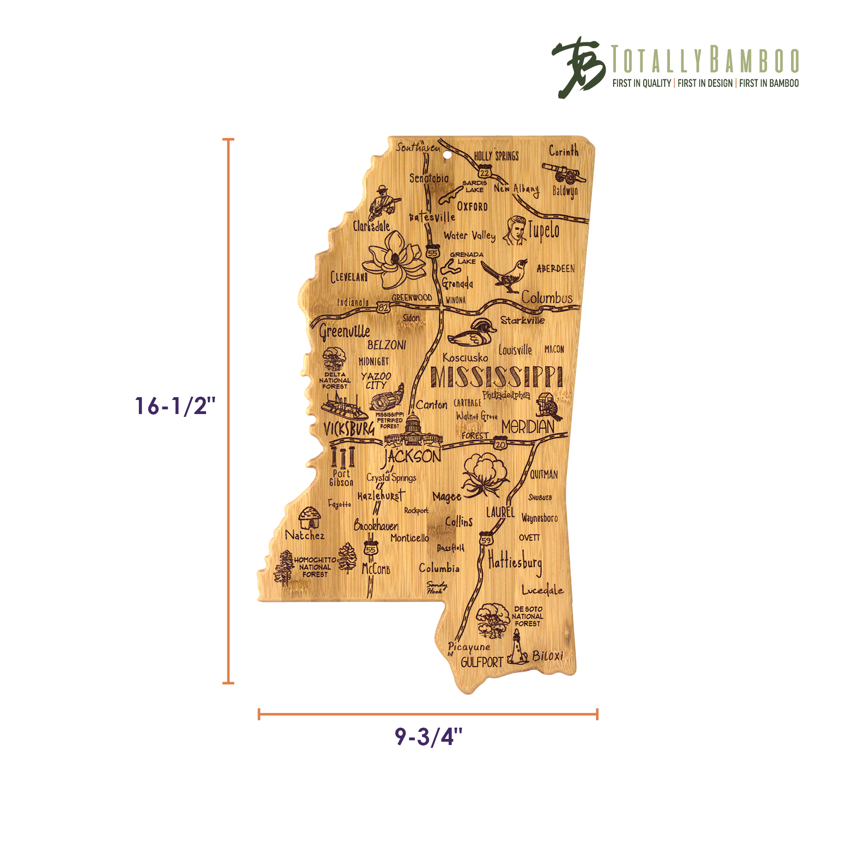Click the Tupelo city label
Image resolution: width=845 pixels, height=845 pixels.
544,231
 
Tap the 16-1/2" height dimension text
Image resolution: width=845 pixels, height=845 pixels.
175,406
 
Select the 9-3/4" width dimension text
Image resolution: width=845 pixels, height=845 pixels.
428,737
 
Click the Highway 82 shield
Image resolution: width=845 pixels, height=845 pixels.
383,307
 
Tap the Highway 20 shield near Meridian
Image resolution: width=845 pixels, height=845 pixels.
500,444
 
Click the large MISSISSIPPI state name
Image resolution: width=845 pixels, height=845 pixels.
496,377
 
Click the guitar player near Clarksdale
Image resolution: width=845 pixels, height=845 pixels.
384,202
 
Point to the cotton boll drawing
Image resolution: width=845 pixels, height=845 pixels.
485,474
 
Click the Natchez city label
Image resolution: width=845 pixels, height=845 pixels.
305,535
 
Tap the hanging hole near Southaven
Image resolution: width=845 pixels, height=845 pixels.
447,154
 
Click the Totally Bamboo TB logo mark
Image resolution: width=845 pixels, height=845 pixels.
578,67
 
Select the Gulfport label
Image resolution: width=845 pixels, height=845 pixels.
482,662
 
